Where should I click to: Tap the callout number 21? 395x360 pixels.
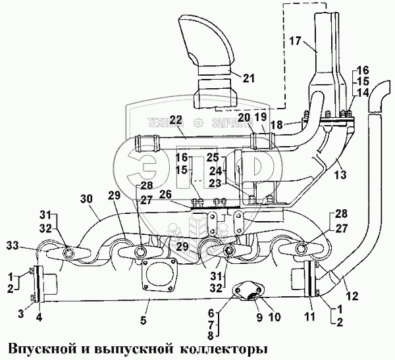[x=248, y=78]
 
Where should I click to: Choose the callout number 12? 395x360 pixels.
[x=354, y=297]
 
